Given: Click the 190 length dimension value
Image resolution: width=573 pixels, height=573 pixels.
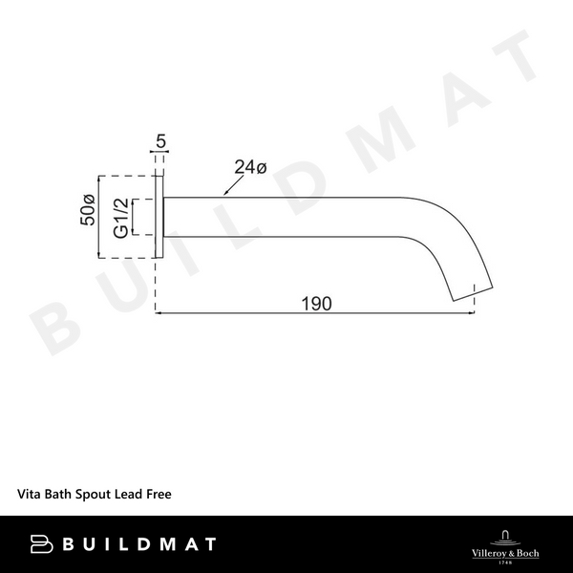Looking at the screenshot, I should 316,304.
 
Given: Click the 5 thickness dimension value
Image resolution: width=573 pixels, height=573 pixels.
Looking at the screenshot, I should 160,143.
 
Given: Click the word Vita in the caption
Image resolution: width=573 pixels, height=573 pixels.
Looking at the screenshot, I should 29,497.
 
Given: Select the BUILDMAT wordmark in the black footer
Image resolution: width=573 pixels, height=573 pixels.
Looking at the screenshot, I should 138,544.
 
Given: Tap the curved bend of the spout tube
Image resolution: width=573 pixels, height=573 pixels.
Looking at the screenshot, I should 449,234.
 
